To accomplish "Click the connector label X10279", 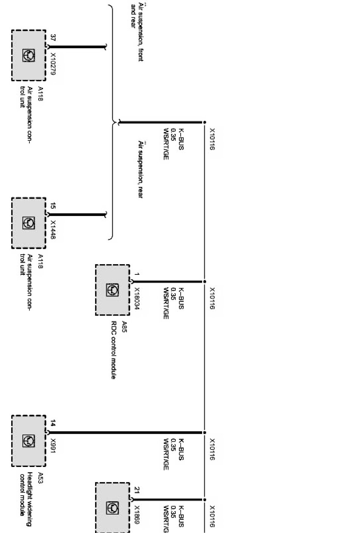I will tap(53, 63).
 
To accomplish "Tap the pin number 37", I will tap(53, 38).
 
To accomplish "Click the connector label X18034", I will tap(137, 299).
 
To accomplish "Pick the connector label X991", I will tap(53, 446).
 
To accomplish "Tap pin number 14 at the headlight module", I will tap(53, 424).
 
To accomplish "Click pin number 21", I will tap(137, 490).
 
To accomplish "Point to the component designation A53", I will tap(41, 478).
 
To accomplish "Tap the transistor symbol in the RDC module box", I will tap(113, 290).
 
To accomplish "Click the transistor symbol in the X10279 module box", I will tap(29, 55).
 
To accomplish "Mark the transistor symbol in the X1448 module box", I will tap(29, 223).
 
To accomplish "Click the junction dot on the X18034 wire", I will tap(204, 282).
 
